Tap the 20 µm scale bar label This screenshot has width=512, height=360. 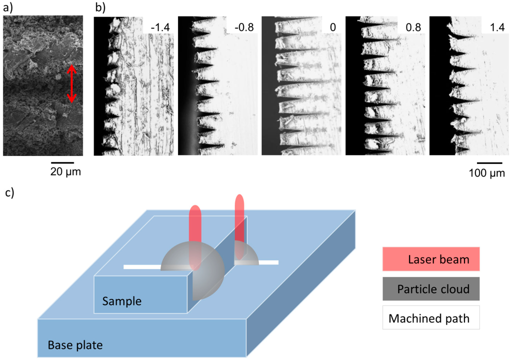(x=65, y=172)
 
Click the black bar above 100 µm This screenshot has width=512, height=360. (x=489, y=162)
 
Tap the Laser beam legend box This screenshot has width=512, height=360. (x=431, y=259)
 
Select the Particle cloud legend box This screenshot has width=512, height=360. (x=431, y=288)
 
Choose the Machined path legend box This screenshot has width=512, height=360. (x=431, y=317)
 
